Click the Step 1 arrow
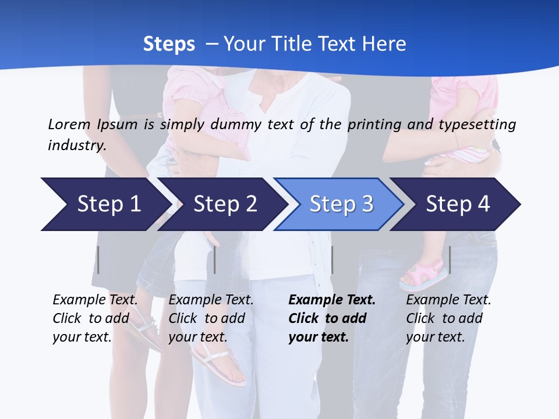click(105, 204)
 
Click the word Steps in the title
click(169, 44)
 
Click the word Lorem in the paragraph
click(69, 124)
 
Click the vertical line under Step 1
click(98, 260)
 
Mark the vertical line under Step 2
click(215, 260)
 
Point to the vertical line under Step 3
click(332, 260)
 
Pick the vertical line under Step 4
click(450, 260)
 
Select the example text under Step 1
click(94, 318)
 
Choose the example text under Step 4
click(448, 318)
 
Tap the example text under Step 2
click(210, 318)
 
